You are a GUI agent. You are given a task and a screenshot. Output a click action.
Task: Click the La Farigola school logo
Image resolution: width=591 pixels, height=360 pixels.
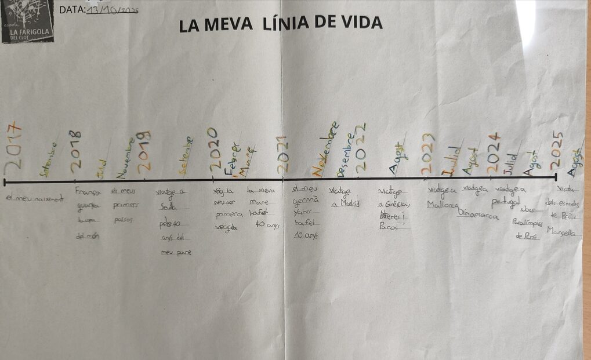(27, 21)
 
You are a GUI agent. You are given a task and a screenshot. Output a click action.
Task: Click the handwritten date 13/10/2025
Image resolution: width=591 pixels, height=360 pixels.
(113, 10)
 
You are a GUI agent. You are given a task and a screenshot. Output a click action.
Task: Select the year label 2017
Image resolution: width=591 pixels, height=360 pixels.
(12, 147)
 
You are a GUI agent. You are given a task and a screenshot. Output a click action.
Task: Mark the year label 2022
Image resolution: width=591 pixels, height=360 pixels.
(361, 147)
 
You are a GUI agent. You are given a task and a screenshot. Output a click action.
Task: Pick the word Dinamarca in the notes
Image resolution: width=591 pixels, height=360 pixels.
(478, 214)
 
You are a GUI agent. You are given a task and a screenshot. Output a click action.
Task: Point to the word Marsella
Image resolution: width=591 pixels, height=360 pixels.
(561, 231)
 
